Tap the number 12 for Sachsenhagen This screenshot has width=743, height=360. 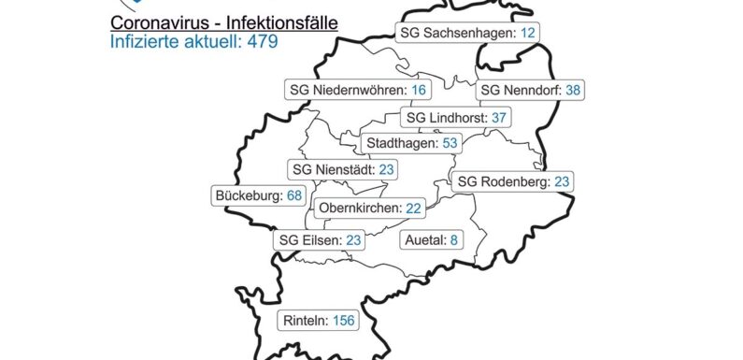(528, 33)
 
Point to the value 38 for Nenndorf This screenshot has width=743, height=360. (574, 91)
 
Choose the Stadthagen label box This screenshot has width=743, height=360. (413, 144)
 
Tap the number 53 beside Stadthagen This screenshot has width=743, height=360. (451, 144)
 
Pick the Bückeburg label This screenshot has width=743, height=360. (248, 196)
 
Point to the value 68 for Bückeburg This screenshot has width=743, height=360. (294, 196)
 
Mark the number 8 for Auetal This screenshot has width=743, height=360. (454, 240)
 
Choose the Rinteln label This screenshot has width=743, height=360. (304, 321)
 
